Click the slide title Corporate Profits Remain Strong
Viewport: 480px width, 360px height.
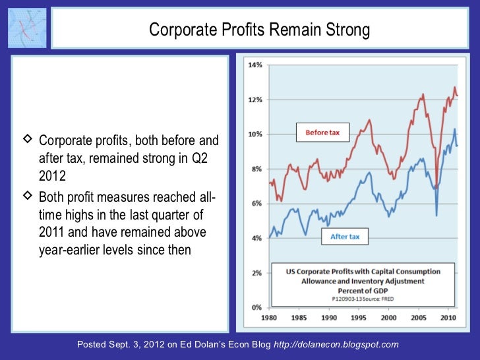point(259,30)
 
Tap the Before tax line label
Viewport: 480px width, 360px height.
point(322,133)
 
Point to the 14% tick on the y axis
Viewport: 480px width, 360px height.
point(255,65)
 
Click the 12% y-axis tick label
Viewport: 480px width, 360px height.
point(255,100)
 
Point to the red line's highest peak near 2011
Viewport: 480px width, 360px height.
point(454,87)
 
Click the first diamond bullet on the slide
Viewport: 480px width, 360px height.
point(28,140)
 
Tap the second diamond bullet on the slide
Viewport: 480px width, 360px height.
point(28,196)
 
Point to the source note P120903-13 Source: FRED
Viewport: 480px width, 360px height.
point(362,299)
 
